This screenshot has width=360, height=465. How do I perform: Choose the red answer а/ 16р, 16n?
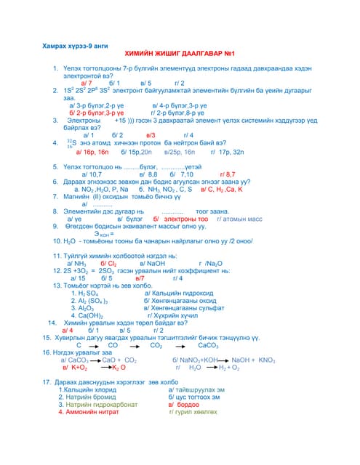point(86,153)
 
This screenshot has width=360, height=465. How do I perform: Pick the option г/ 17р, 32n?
point(227,153)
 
